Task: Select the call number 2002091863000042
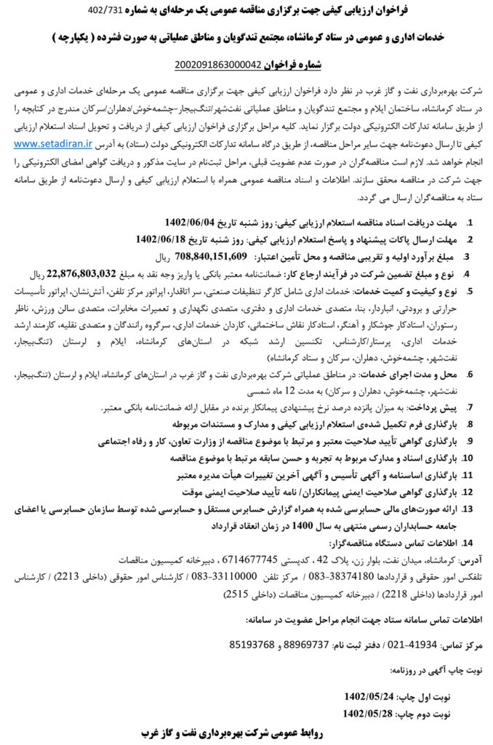[x=217, y=65]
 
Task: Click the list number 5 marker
[x=470, y=291]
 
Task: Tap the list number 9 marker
[x=470, y=441]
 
